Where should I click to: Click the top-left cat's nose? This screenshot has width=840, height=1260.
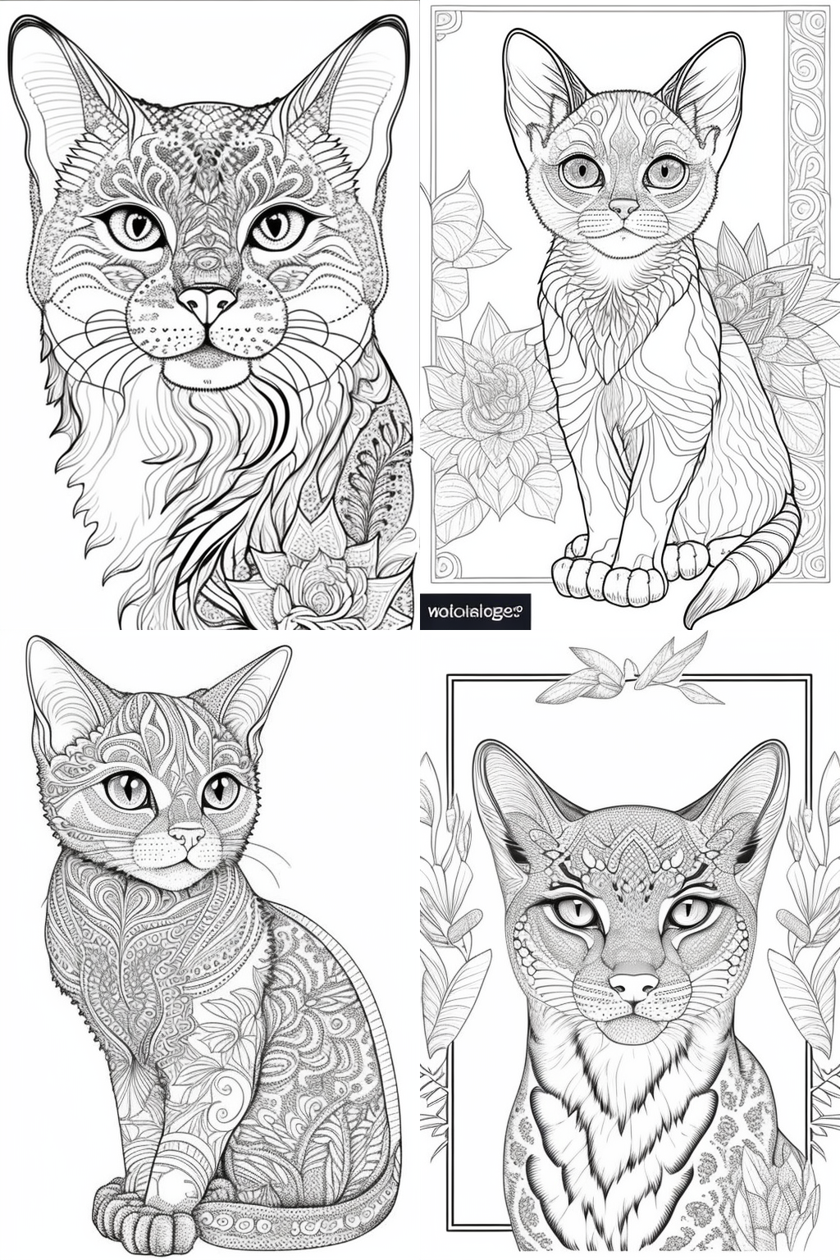[x=207, y=302]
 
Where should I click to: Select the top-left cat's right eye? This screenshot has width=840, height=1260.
[x=276, y=226]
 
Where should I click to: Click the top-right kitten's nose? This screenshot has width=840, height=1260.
[x=623, y=208]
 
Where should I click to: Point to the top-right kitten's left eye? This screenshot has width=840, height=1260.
[x=582, y=171]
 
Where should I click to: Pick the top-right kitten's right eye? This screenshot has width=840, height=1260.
[x=665, y=171]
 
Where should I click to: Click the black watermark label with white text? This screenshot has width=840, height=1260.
[x=476, y=611]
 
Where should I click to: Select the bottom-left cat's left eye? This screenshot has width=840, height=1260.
[x=128, y=790]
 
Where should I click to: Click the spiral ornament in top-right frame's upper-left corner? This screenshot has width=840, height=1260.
[x=447, y=25]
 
